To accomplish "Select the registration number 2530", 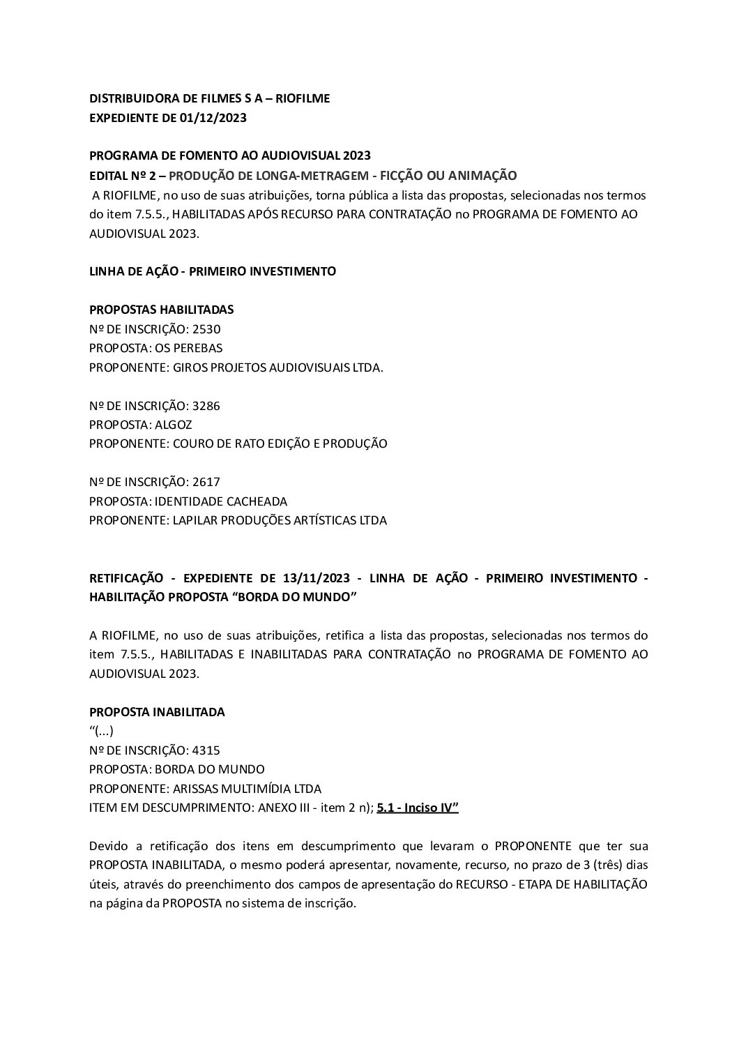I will point(206,328).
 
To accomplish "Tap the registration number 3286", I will point(206,405).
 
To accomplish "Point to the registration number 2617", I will point(206,481).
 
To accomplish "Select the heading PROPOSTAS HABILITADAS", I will point(162,309).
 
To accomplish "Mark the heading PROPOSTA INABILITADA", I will point(157,712).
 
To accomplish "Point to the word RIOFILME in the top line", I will point(303,98).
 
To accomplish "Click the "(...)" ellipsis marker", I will point(102,731).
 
